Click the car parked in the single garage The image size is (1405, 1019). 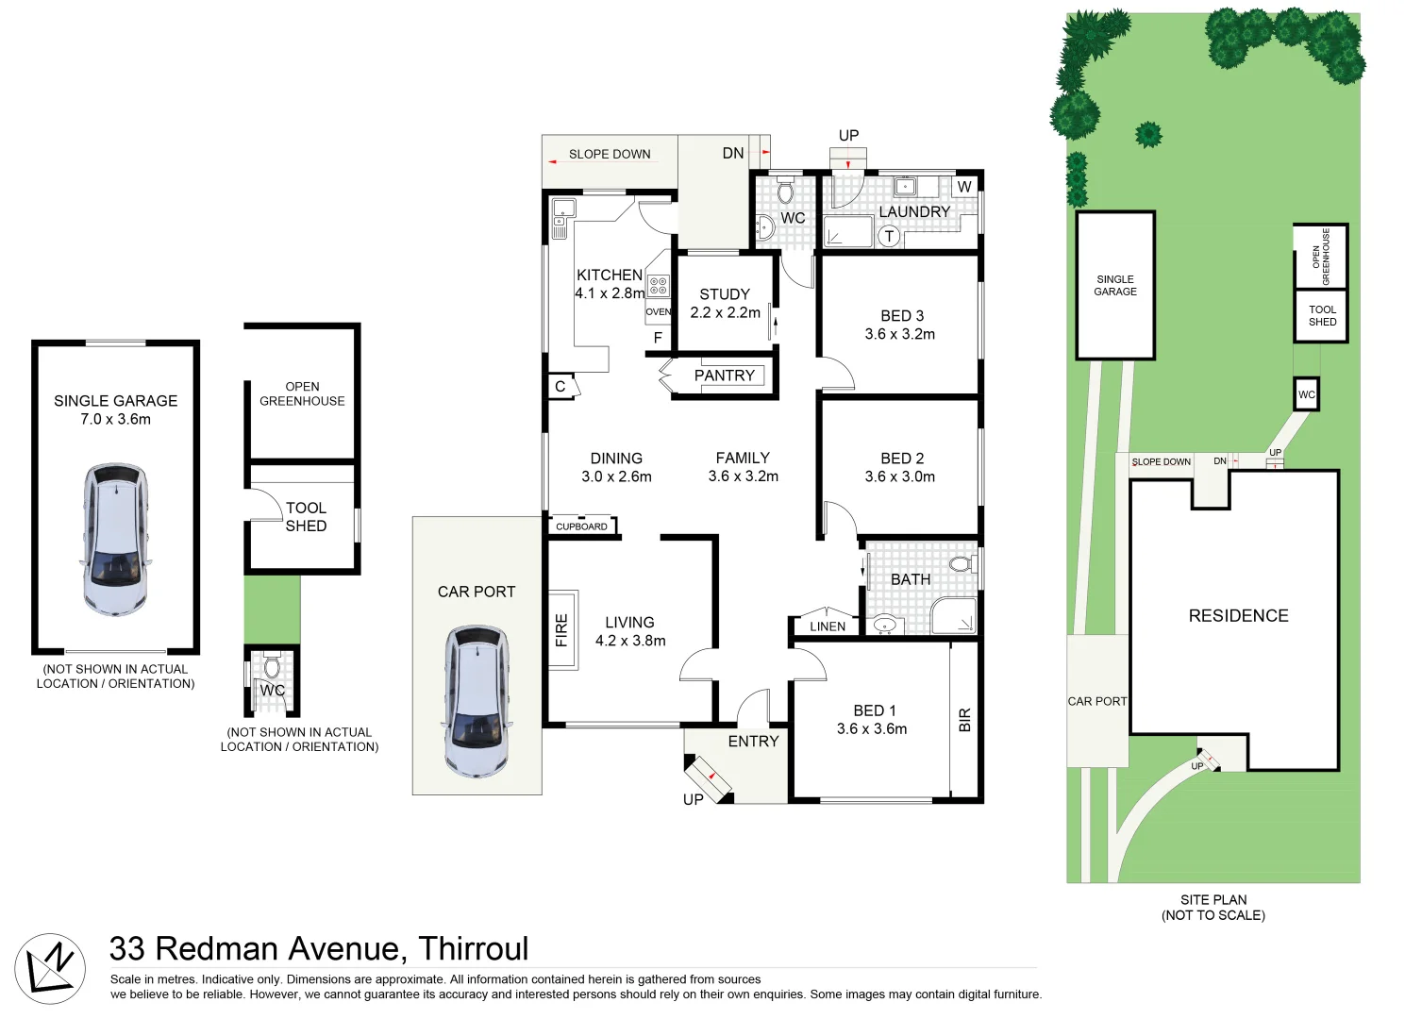click(x=115, y=539)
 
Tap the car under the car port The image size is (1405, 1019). click(x=477, y=701)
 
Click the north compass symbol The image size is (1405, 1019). click(x=50, y=969)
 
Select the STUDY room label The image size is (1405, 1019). click(x=725, y=294)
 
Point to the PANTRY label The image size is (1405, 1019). click(x=724, y=376)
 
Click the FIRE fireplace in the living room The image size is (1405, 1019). click(x=562, y=629)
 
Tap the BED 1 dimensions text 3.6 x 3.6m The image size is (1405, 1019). click(x=872, y=728)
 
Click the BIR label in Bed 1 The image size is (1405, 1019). click(x=964, y=720)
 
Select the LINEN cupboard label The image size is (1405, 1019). click(x=828, y=626)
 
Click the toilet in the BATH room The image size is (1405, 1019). click(x=961, y=564)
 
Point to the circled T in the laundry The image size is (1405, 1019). click(x=889, y=237)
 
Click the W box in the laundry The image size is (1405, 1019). click(x=964, y=187)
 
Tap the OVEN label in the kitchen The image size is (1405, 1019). click(x=659, y=311)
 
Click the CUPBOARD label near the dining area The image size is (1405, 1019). click(x=581, y=526)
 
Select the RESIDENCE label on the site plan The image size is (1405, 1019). click(x=1238, y=616)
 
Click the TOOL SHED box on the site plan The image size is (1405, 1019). click(x=1321, y=316)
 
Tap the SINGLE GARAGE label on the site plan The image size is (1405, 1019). click(x=1115, y=285)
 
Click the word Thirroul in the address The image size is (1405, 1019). click(x=473, y=948)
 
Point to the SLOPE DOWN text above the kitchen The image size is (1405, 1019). click(x=610, y=154)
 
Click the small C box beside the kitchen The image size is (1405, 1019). click(x=560, y=387)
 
